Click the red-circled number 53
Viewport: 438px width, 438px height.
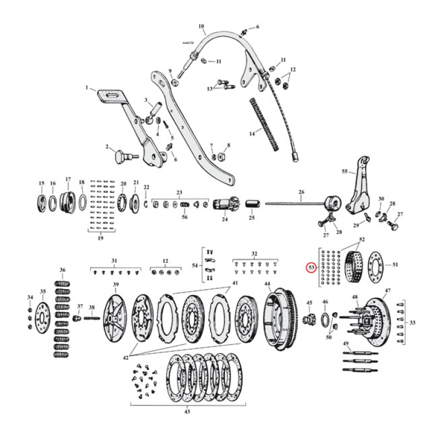tap(311, 268)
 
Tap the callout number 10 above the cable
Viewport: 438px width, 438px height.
tap(201, 26)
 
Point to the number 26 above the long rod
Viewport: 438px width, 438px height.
tap(301, 192)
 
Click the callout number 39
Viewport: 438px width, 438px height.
tap(116, 285)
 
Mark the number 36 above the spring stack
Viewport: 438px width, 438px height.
tap(62, 270)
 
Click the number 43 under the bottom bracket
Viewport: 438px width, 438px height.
tap(188, 412)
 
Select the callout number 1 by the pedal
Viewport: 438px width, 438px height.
tap(86, 87)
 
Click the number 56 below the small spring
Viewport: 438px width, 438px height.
tap(184, 217)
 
